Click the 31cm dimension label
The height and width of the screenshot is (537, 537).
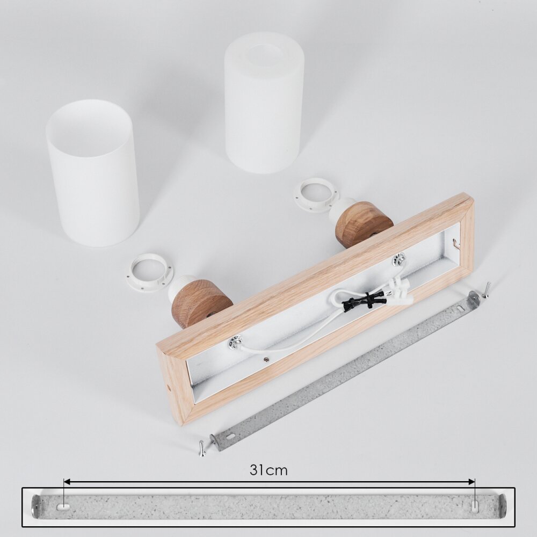pyautogui.click(x=268, y=470)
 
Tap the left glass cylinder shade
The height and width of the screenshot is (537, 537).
pyautogui.click(x=93, y=173)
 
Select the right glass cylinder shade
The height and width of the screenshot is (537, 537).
pyautogui.click(x=264, y=103)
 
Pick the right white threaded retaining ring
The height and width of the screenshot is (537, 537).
pyautogui.click(x=316, y=194)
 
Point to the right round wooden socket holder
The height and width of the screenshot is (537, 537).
pyautogui.click(x=364, y=223)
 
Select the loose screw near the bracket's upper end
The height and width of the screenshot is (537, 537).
pyautogui.click(x=487, y=290)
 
